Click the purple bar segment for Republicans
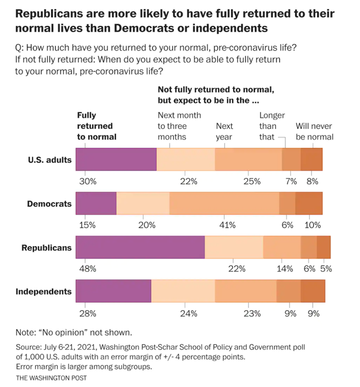point(140,248)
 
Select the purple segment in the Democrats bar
point(96,204)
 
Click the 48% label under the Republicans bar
point(88,268)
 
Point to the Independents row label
point(44,292)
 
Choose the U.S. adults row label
point(50,160)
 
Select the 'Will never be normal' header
point(314,131)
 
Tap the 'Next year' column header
point(224,131)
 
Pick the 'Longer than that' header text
point(272,126)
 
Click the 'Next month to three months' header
point(179,126)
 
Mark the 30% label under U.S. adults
point(88,181)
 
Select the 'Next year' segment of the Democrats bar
point(224,204)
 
